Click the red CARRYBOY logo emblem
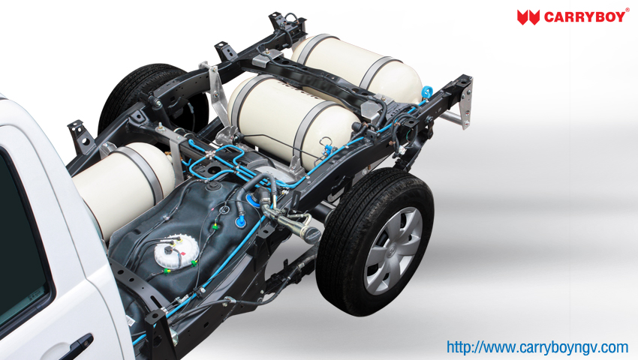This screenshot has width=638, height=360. click(528, 17)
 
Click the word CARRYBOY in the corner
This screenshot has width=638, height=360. click(584, 17)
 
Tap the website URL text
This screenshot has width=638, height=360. click(537, 347)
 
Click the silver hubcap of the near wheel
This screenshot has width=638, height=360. click(393, 251)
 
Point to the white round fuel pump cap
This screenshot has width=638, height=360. click(176, 251)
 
